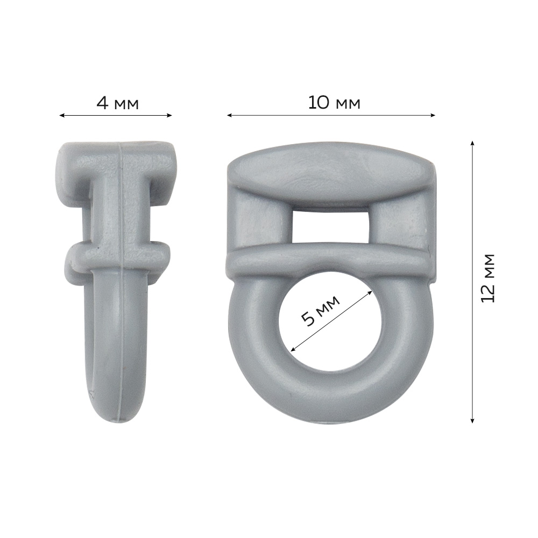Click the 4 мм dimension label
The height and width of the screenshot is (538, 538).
(117, 103)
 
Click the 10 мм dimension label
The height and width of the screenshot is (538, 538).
(334, 103)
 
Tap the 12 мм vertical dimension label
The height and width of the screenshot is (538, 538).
(488, 278)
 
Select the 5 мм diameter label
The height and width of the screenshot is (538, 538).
(321, 310)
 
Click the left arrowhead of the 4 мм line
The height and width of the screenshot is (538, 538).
(62, 115)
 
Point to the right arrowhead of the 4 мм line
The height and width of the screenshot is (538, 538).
(169, 115)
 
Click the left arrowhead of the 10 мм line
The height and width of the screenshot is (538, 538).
(230, 115)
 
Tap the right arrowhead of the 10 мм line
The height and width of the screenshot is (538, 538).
(433, 115)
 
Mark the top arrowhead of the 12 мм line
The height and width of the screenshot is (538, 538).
(472, 143)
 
